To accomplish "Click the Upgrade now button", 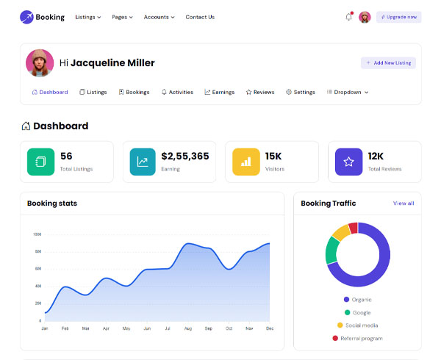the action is (x=398, y=17).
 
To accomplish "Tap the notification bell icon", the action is (x=348, y=17).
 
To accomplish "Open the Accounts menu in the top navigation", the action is (x=159, y=17).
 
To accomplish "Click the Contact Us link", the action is (x=200, y=17).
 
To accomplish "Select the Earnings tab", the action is (x=219, y=92).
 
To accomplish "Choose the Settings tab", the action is (x=301, y=92).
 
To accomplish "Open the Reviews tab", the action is (x=260, y=92).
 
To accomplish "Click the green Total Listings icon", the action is (x=40, y=162).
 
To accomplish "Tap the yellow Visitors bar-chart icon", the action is (x=246, y=162).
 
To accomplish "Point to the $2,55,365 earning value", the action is (x=185, y=156).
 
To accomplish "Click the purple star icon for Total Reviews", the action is (x=348, y=162).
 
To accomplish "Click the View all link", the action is (x=404, y=204).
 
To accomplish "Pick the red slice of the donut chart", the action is (x=354, y=228).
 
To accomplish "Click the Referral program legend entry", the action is (x=357, y=339).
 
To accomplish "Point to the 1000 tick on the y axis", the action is (x=37, y=234).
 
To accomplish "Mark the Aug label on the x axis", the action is (x=188, y=328).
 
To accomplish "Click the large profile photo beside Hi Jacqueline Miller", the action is (x=40, y=63).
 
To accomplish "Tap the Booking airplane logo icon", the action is (x=26, y=17).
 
